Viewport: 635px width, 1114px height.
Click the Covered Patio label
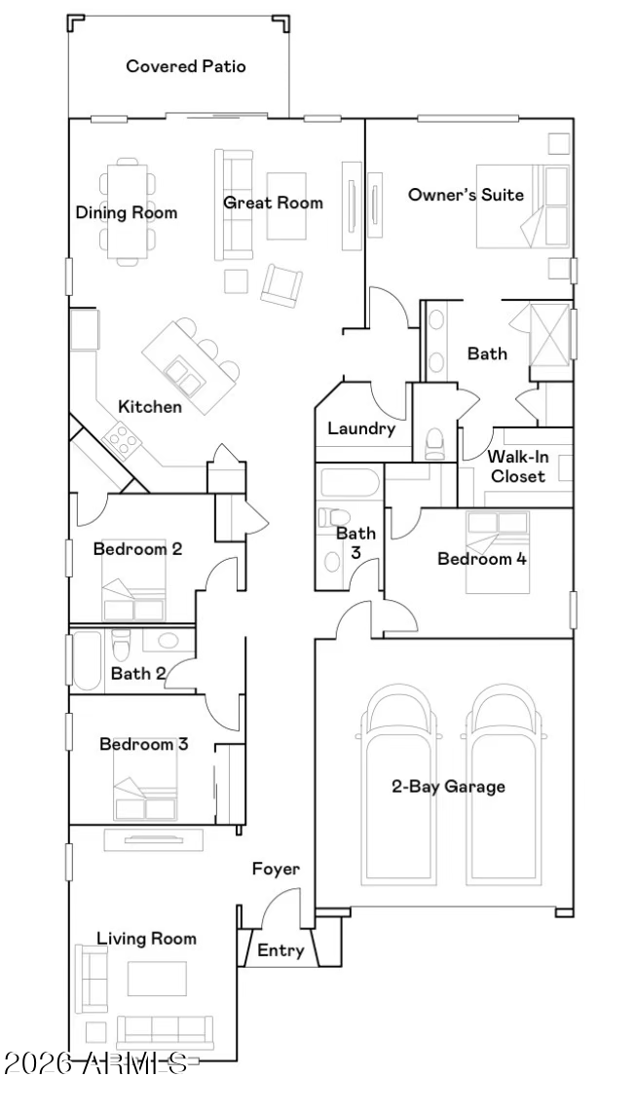coord(186,67)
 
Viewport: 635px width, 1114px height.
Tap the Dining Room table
coord(128,211)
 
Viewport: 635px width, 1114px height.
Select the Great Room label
coord(273,203)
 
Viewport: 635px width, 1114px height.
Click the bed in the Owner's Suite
coord(523,206)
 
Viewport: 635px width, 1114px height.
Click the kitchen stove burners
coord(122,440)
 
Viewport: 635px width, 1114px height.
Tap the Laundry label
coord(361,428)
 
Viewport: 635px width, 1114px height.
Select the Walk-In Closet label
coord(518,466)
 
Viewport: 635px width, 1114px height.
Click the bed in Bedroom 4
coord(498,552)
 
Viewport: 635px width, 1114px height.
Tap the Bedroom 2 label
coord(137,548)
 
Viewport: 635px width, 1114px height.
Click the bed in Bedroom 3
coord(146,780)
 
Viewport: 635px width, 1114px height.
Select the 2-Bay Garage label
coord(449,787)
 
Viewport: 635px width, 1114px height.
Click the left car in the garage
coord(400,785)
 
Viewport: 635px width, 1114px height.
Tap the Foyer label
coord(277,869)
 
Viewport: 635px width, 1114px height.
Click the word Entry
coord(280,950)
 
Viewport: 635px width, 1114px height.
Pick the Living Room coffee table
coord(157,979)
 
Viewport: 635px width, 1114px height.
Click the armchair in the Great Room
coord(281,285)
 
